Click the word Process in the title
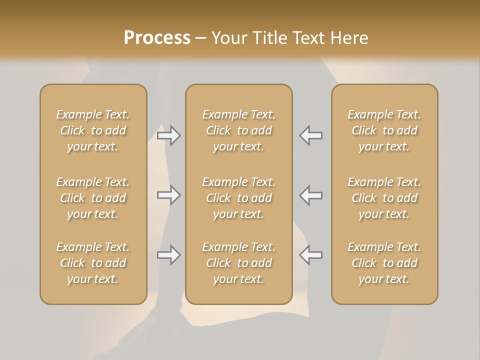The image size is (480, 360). click(157, 38)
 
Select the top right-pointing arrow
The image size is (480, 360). click(169, 135)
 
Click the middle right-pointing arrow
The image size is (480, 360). click(169, 195)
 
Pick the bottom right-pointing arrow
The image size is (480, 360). click(169, 255)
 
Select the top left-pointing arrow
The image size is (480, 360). click(311, 135)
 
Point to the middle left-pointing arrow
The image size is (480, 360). click(311, 195)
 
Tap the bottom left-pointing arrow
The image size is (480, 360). click(311, 255)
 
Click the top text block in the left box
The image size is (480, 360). click(93, 130)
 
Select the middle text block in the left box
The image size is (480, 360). click(93, 198)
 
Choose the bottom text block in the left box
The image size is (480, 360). click(93, 263)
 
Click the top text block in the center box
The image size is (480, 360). click(239, 130)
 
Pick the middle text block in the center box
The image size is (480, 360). click(239, 198)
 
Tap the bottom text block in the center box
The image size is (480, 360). click(239, 263)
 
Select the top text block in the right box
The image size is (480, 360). click(384, 130)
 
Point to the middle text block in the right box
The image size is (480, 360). click(384, 198)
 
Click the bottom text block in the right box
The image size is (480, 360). click(384, 263)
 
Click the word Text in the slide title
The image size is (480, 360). click(306, 38)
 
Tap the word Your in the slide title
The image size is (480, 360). click(228, 38)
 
